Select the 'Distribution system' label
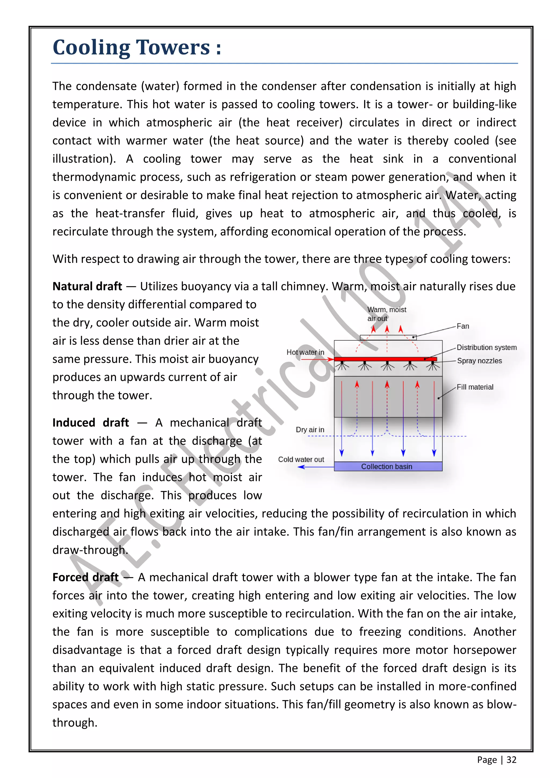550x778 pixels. coord(486,347)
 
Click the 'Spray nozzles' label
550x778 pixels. coord(479,361)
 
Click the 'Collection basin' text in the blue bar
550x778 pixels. coord(386,467)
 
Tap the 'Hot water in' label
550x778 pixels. coord(305,352)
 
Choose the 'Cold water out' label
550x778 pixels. coord(301,459)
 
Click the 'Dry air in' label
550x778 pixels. coord(310,430)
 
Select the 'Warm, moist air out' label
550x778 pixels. coord(386,314)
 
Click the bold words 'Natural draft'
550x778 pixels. coord(87,286)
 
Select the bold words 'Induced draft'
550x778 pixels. coord(91,423)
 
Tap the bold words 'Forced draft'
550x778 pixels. coord(85,577)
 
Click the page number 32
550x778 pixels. coord(511,760)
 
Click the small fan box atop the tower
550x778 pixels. coord(388,337)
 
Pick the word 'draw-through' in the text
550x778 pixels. coord(89,550)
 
